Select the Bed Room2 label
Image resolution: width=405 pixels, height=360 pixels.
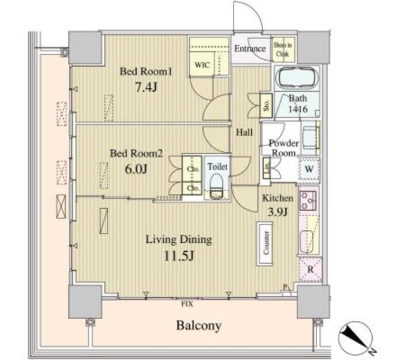tap(137, 153)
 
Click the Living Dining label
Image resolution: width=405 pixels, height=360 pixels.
tap(178, 240)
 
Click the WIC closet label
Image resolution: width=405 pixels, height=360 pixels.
tap(202, 65)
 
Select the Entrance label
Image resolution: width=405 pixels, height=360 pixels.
tap(250, 49)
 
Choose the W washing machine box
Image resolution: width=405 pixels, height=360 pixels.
tap(309, 170)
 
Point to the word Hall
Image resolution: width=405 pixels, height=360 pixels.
tap(245, 133)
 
